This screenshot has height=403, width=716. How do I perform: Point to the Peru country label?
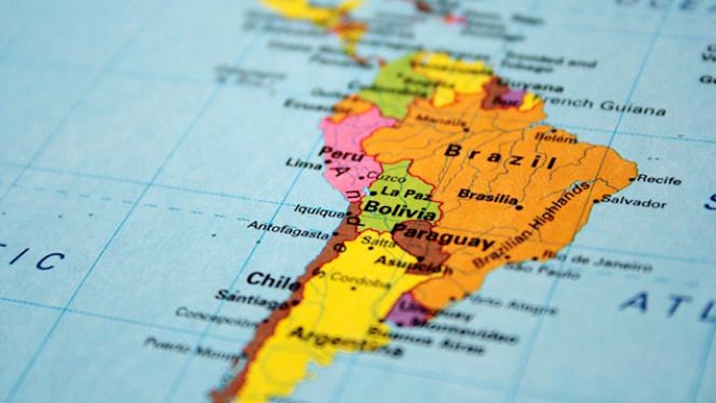[341, 153]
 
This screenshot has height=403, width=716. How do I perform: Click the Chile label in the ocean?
[273, 280]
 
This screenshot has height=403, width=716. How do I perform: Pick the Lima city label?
[303, 164]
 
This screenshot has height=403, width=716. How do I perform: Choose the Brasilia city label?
[487, 196]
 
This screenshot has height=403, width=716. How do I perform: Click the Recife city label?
[659, 179]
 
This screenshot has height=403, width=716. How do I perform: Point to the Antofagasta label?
[288, 229]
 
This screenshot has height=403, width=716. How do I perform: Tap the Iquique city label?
[319, 210]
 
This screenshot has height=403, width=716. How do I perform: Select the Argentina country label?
[331, 339]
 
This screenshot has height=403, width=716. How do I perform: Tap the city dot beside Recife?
[632, 179]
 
